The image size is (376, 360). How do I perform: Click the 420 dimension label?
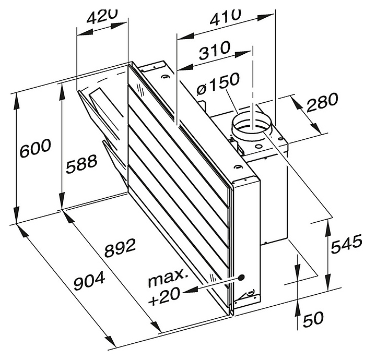click(102, 17)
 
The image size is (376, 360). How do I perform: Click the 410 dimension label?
click(225, 16)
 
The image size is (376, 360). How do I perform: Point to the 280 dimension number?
click(322, 102)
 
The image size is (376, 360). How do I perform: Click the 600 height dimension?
click(36, 148)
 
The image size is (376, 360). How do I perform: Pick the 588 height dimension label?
click(81, 164)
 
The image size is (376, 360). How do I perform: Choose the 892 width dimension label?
click(121, 248)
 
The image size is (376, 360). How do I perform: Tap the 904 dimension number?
click(89, 281)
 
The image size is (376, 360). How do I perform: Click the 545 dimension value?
click(346, 244)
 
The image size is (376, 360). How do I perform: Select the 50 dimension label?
click(313, 319)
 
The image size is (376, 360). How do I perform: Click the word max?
click(168, 279)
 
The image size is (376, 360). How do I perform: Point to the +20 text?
click(164, 296)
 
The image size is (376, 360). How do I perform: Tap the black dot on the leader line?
click(241, 278)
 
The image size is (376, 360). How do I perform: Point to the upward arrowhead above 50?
click(298, 308)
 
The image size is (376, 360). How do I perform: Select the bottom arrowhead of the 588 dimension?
click(62, 201)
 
